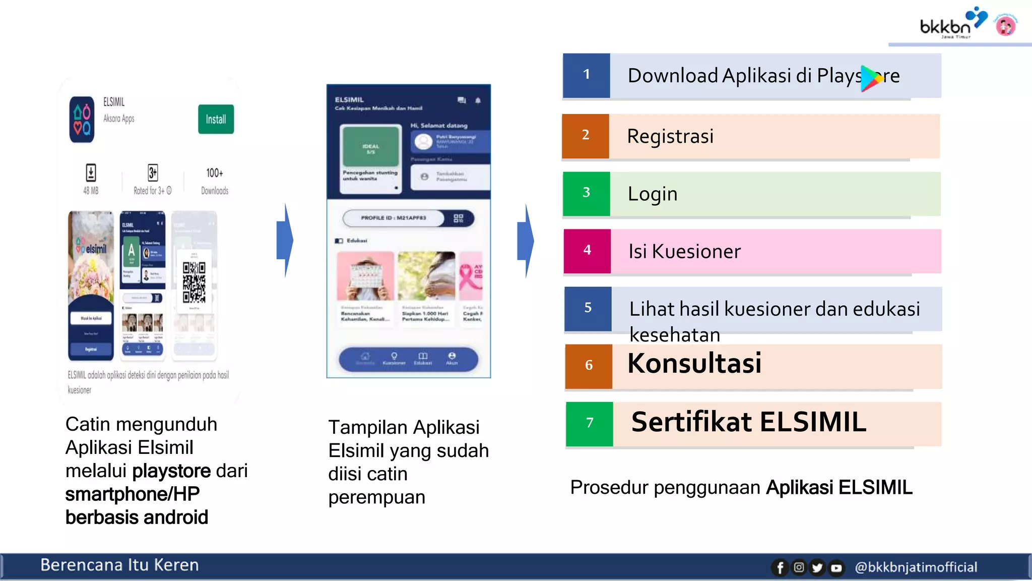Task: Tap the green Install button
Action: tap(216, 119)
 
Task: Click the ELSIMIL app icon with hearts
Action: tap(82, 120)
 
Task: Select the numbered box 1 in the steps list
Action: tap(586, 75)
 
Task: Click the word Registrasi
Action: tap(670, 136)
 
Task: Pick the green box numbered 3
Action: tap(586, 193)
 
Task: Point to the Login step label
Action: tap(652, 194)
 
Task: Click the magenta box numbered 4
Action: tap(587, 251)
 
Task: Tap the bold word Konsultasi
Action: tap(694, 363)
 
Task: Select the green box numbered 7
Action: tap(589, 423)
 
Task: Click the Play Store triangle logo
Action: tap(871, 78)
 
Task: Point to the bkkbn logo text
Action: tap(945, 26)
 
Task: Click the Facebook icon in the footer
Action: tap(780, 568)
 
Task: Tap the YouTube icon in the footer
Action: tap(836, 568)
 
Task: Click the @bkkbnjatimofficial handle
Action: tap(916, 567)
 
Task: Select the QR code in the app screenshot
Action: tap(194, 282)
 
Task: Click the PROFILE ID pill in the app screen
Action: tap(394, 218)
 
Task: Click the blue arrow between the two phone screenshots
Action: tap(285, 240)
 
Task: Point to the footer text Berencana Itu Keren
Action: tap(119, 565)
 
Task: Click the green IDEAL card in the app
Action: tap(370, 147)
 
